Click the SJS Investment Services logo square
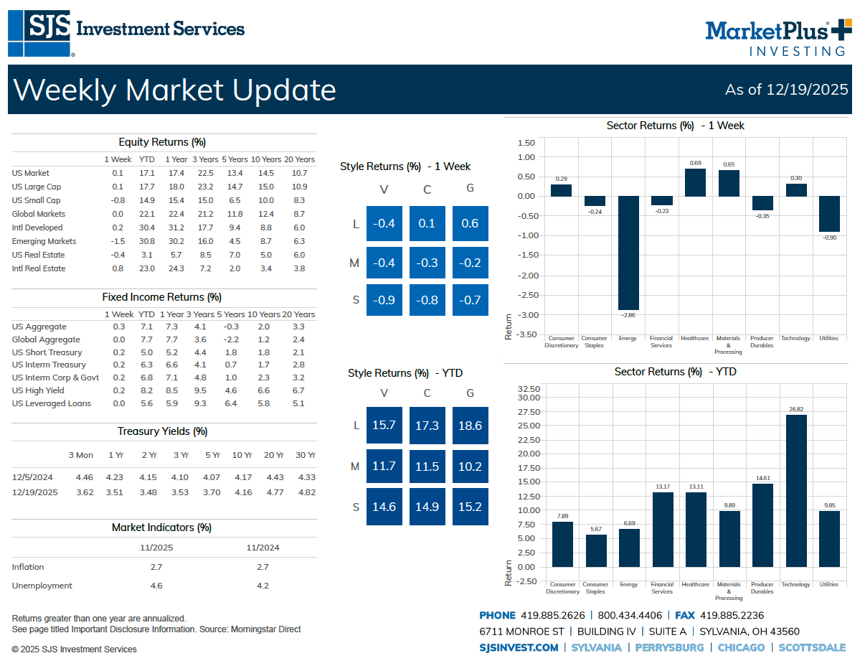tap(39, 33)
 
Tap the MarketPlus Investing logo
tap(777, 37)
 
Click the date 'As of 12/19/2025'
tap(786, 90)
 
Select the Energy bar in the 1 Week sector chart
tap(628, 253)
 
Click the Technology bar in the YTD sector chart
tap(795, 490)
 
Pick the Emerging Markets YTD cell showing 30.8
tap(146, 241)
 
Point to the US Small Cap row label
tap(36, 200)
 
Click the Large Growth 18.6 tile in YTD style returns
tap(470, 426)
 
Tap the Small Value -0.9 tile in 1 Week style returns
tap(384, 300)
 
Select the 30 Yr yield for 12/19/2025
tap(306, 492)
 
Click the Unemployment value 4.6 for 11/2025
tap(156, 586)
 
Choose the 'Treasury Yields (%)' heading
tap(163, 431)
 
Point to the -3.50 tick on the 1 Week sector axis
tap(526, 334)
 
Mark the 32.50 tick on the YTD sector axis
tap(528, 388)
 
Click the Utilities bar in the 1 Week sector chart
tap(829, 214)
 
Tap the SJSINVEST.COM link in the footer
tap(519, 647)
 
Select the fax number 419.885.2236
tap(732, 615)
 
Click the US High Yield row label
tap(38, 390)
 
